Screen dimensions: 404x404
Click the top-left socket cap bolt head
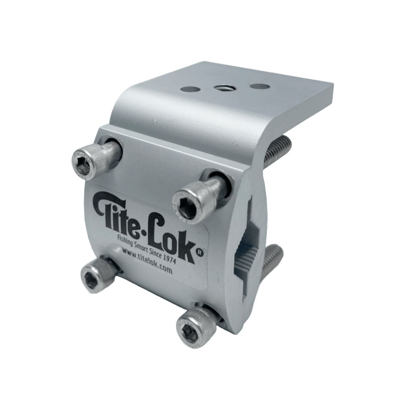(x=87, y=162)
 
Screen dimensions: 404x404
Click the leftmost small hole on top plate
(x=190, y=89)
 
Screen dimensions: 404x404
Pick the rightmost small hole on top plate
(x=260, y=86)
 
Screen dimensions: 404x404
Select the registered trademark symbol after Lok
(x=200, y=253)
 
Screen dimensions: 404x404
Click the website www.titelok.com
(x=147, y=262)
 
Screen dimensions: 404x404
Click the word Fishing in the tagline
(x=127, y=239)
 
